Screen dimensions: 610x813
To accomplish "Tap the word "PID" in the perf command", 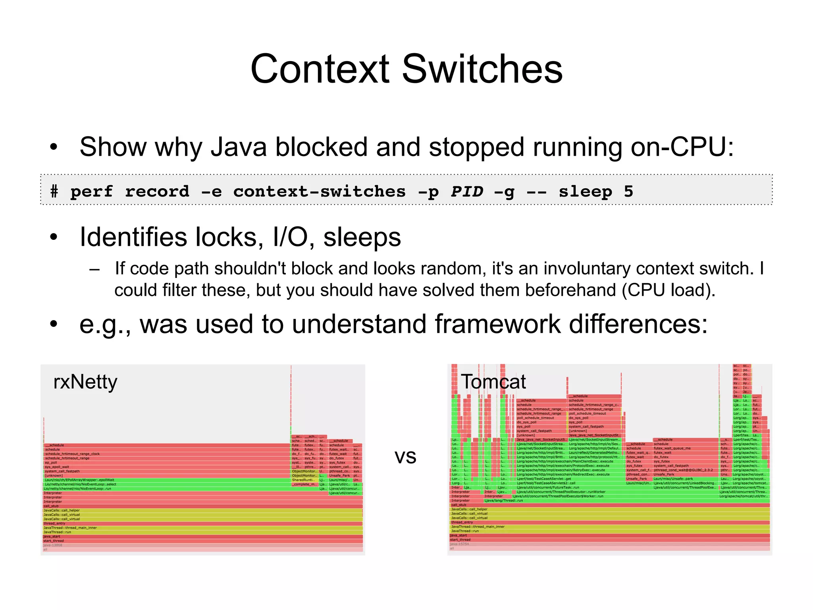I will pyautogui.click(x=467, y=191).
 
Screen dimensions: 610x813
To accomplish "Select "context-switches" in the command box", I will pyautogui.click(x=320, y=191).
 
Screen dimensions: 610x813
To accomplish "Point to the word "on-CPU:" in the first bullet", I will pyautogui.click(x=682, y=147).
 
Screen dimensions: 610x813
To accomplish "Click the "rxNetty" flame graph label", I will pyautogui.click(x=85, y=382).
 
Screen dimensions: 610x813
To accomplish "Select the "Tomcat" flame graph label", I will pyautogui.click(x=493, y=382).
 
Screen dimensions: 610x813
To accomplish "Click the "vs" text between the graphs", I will pyautogui.click(x=405, y=457).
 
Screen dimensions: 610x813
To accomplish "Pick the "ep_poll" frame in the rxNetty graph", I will pyautogui.click(x=51, y=463).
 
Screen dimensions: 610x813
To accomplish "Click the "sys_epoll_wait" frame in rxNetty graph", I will pyautogui.click(x=57, y=467).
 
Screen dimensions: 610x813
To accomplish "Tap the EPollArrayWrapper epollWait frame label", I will pyautogui.click(x=79, y=480).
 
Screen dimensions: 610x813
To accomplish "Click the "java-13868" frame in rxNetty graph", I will pyautogui.click(x=53, y=545).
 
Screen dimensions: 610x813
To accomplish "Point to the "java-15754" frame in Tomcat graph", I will pyautogui.click(x=459, y=544).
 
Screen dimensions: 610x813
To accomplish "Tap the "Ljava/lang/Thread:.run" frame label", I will pyautogui.click(x=503, y=501).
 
